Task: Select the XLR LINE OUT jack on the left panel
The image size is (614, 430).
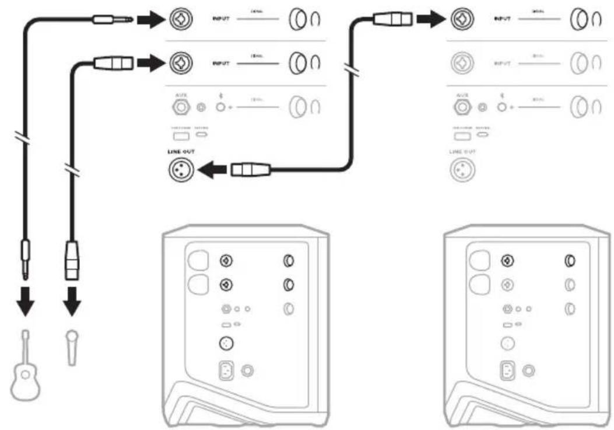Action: [x=178, y=170]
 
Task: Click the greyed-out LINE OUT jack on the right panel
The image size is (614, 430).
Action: [x=461, y=170]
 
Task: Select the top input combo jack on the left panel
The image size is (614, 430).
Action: [x=178, y=20]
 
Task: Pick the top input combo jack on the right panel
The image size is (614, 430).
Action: [x=461, y=20]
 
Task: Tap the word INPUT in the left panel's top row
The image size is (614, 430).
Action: [x=221, y=20]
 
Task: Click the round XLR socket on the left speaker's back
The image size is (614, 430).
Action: [x=226, y=344]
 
